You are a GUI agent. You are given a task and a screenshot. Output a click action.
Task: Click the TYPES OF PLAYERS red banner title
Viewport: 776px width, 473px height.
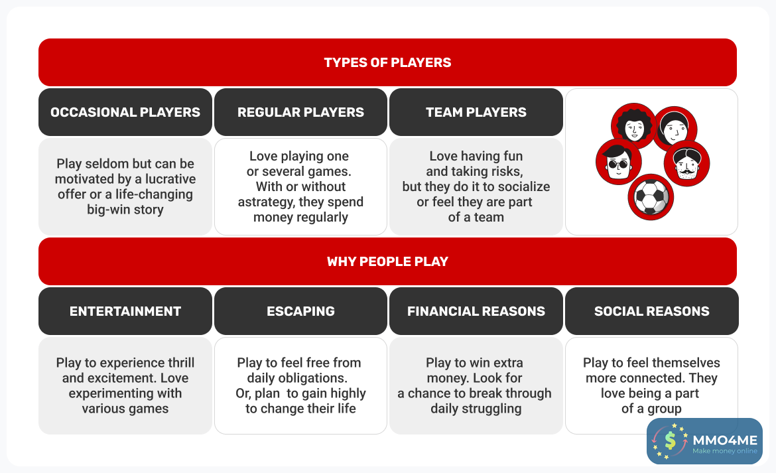pyautogui.click(x=387, y=62)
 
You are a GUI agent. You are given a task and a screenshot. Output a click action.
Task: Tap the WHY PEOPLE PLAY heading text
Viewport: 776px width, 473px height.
pyautogui.click(x=387, y=261)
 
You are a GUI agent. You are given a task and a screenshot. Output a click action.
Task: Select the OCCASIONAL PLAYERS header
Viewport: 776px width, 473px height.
pyautogui.click(x=125, y=112)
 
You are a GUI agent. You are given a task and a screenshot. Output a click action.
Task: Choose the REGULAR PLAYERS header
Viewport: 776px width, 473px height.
pyautogui.click(x=300, y=112)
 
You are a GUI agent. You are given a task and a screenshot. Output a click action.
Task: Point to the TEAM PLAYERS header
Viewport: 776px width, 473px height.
pyautogui.click(x=476, y=112)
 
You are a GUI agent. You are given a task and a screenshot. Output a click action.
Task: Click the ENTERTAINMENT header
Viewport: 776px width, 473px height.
pyautogui.click(x=125, y=311)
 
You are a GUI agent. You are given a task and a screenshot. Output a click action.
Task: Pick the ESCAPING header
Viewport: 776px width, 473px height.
pyautogui.click(x=300, y=311)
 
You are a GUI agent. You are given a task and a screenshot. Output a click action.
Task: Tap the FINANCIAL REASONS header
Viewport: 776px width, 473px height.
pyautogui.click(x=476, y=311)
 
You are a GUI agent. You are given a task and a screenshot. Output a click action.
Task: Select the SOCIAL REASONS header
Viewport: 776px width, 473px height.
pyautogui.click(x=652, y=311)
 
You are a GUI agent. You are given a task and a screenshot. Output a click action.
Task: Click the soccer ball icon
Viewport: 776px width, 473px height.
pyautogui.click(x=651, y=196)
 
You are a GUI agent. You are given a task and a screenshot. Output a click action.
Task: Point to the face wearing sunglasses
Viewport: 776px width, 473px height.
pyautogui.click(x=619, y=162)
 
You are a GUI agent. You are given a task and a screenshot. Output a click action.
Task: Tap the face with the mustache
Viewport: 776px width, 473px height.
pyautogui.click(x=687, y=163)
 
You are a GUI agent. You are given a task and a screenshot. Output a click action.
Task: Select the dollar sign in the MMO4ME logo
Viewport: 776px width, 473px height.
pyautogui.click(x=670, y=440)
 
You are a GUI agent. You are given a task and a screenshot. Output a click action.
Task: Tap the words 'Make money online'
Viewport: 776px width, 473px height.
pyautogui.click(x=724, y=451)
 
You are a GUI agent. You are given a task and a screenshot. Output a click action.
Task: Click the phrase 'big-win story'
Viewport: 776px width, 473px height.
pyautogui.click(x=125, y=210)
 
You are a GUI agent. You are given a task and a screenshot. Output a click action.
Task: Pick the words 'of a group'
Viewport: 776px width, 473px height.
pyautogui.click(x=651, y=409)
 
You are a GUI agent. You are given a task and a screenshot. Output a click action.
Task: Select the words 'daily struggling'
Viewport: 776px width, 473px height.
pyautogui.click(x=476, y=409)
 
